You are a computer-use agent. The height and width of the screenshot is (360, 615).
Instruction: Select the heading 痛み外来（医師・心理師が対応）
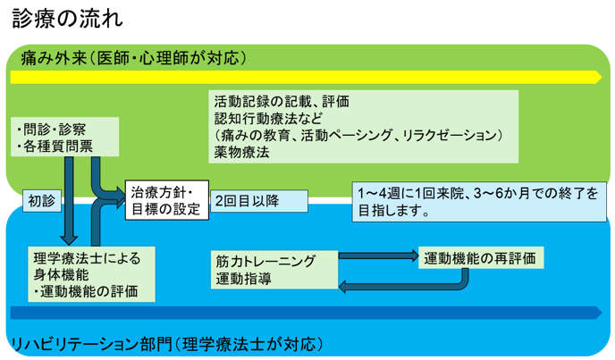point(134,59)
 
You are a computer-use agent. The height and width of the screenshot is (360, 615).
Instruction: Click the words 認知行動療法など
point(267,117)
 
